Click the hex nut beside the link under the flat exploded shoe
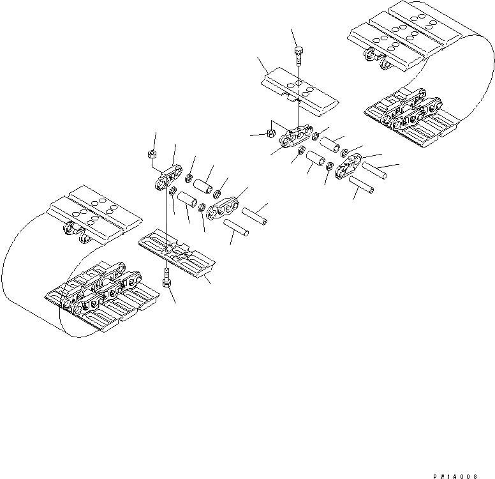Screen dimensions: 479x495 pos(270,134)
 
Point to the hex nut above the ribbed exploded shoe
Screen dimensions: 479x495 pos(152,154)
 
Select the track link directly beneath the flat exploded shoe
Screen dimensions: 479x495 pos(297,136)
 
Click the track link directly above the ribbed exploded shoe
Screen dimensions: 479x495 pos(170,178)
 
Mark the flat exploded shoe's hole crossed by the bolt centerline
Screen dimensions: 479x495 pos(299,85)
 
